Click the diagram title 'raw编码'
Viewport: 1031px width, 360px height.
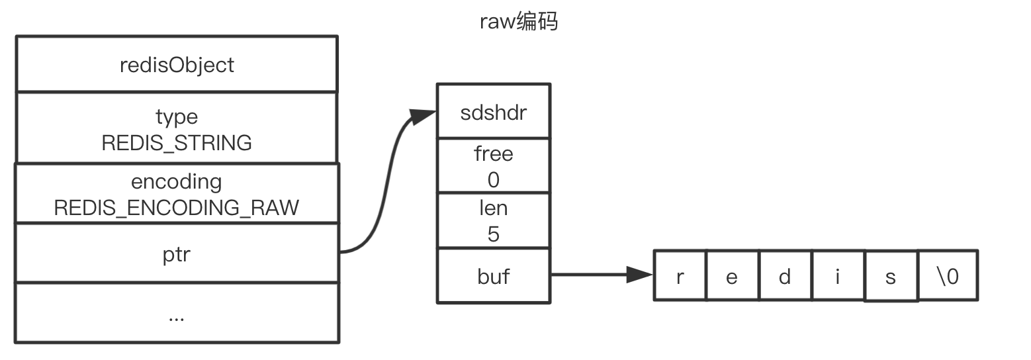click(518, 22)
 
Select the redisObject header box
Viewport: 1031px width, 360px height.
click(177, 64)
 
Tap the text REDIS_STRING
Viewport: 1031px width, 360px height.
click(177, 143)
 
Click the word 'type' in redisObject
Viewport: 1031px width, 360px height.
click(177, 117)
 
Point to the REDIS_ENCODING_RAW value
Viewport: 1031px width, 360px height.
click(177, 208)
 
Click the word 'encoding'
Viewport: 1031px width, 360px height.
click(177, 181)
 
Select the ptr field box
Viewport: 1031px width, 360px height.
click(177, 253)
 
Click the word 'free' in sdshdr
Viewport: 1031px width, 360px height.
click(493, 154)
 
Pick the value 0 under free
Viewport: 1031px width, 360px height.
click(493, 179)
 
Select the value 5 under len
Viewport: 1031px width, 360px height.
click(493, 234)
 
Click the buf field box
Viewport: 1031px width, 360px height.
click(493, 275)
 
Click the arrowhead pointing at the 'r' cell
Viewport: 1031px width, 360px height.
click(640, 275)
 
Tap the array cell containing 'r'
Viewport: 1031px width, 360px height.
click(680, 275)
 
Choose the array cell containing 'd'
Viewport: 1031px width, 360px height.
click(785, 275)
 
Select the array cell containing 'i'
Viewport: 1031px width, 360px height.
click(838, 275)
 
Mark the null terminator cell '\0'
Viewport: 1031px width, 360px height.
click(948, 275)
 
